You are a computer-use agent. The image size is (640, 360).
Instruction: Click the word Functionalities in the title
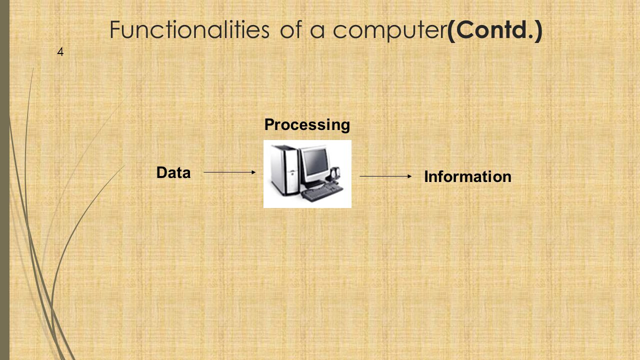[x=189, y=29]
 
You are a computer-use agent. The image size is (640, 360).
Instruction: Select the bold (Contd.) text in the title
[x=494, y=30]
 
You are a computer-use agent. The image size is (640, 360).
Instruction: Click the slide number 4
[x=60, y=51]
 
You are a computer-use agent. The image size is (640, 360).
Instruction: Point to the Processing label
[x=307, y=125]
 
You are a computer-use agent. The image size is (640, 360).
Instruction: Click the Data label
[x=173, y=172]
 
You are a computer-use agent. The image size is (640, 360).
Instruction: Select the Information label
[x=467, y=176]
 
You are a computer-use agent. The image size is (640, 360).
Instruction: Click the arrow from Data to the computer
[x=229, y=172]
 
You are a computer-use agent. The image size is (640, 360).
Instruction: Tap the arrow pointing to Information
[x=385, y=176]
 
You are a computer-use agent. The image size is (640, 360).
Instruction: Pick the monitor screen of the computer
[x=315, y=162]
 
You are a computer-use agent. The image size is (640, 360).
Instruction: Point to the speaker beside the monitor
[x=335, y=175]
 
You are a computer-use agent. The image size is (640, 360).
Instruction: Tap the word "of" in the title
[x=291, y=29]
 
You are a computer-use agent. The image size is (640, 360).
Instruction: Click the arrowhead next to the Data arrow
[x=253, y=172]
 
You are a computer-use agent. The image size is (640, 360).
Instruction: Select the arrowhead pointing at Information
[x=409, y=176]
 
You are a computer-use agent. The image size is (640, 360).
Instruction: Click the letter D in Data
[x=161, y=172]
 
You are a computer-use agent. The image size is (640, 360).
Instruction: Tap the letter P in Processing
[x=269, y=124]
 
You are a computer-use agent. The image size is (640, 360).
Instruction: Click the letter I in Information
[x=426, y=176]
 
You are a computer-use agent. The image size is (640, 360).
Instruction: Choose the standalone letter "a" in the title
[x=317, y=31]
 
